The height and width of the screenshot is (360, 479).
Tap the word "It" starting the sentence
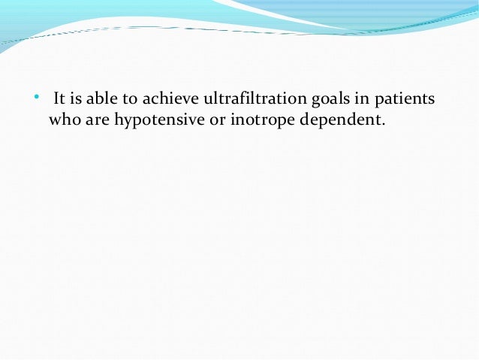click(58, 99)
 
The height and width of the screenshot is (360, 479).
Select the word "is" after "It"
click(76, 99)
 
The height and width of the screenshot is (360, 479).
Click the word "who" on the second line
click(63, 119)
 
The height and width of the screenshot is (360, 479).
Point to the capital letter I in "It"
click(55, 99)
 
